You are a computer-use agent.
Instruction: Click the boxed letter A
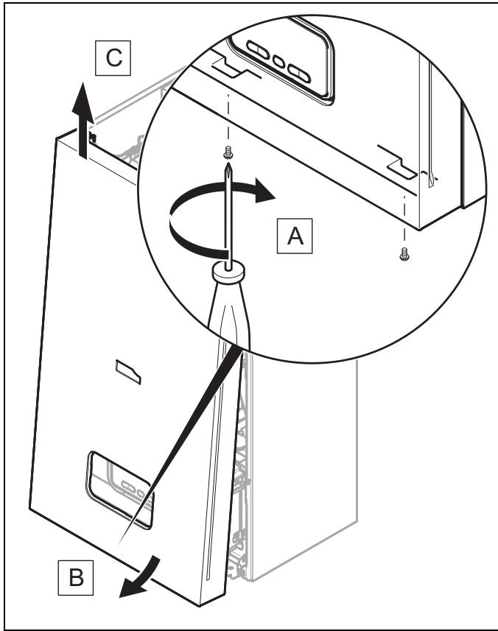point(295,236)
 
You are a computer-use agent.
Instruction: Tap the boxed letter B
point(76,577)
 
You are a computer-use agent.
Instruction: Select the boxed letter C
point(113,58)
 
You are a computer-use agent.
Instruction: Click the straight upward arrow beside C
point(83,120)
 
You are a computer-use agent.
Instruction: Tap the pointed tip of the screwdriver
point(228,165)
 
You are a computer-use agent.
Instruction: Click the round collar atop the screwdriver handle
point(228,271)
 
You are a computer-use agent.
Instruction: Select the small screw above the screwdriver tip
point(228,152)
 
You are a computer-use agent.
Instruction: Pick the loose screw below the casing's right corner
point(404,254)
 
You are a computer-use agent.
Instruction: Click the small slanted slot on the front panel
point(128,373)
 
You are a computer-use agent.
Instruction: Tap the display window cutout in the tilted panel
point(119,490)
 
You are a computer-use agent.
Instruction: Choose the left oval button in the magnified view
point(258,50)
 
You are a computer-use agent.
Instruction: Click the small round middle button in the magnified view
point(278,62)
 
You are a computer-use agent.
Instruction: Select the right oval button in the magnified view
point(299,73)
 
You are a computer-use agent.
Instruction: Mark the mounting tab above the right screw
point(399,163)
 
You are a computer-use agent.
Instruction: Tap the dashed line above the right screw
point(404,218)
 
